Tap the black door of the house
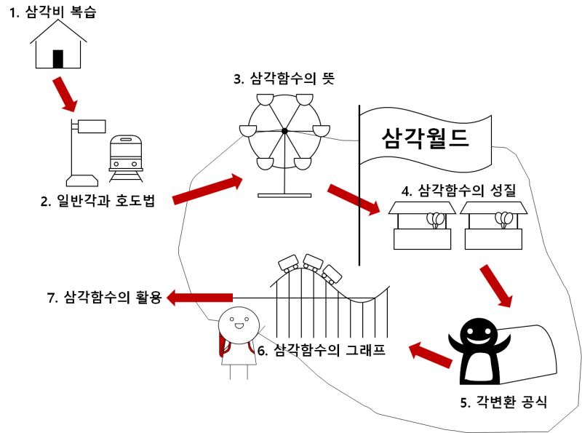tap(58, 58)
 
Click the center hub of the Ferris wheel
tap(284, 131)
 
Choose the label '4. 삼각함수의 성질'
tap(458, 191)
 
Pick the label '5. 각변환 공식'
tap(503, 402)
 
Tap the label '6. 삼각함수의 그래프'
tap(321, 350)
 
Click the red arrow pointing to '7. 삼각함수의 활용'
tap(200, 297)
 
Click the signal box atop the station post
tap(92, 125)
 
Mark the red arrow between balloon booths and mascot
tap(497, 286)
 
